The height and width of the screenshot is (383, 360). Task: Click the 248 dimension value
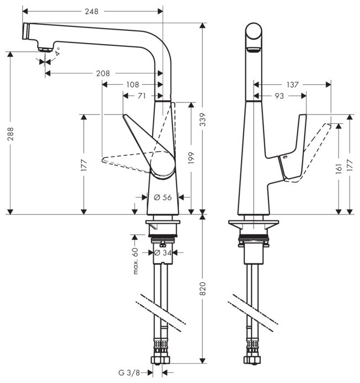[92, 10]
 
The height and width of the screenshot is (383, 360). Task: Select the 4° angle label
[57, 55]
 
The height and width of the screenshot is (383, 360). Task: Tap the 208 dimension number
[103, 73]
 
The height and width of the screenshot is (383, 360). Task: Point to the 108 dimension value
[132, 85]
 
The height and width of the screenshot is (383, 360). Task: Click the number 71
[141, 95]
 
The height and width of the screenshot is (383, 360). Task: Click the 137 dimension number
[292, 85]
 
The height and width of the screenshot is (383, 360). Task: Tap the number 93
[280, 96]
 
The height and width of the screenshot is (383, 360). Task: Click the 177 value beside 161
[350, 164]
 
